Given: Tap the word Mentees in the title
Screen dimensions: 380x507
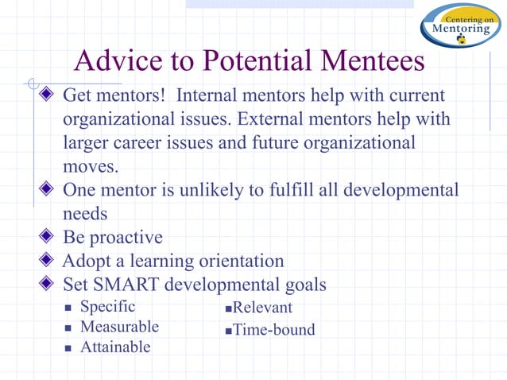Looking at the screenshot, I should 368,62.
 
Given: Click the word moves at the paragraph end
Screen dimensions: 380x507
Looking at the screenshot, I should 89,169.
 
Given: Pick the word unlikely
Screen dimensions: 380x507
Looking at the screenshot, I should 216,191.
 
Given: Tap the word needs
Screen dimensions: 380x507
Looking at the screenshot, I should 84,215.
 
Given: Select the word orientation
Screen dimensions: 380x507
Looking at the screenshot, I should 234,261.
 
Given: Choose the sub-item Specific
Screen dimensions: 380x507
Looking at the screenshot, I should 108,307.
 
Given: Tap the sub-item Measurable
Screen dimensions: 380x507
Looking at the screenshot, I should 119,327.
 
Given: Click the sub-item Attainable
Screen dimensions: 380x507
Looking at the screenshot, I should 115,347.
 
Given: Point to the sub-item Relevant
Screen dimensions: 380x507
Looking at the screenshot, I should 262,308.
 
